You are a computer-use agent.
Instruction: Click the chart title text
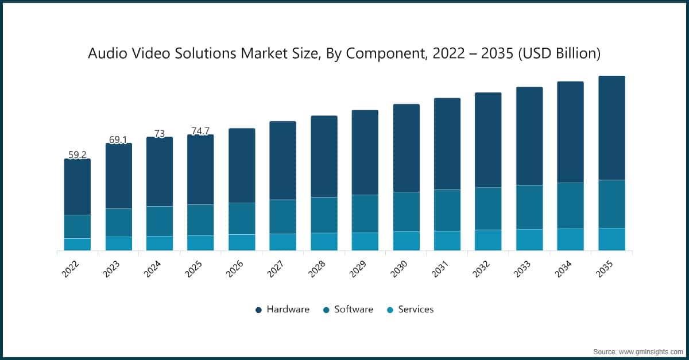[x=344, y=53]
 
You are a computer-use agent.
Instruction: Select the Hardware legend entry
[x=282, y=309]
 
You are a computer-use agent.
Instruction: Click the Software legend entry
[x=348, y=309]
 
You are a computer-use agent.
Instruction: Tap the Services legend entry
[x=410, y=309]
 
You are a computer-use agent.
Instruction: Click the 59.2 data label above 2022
[x=77, y=154]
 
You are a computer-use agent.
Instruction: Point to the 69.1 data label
[x=118, y=140]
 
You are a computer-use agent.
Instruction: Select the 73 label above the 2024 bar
[x=160, y=133]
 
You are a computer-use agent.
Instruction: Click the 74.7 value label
[x=200, y=131]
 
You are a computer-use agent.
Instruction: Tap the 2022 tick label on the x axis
[x=72, y=268]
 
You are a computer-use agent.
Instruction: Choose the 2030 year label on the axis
[x=401, y=268]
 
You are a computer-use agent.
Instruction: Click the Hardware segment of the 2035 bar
[x=611, y=128]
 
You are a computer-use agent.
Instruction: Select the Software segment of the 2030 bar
[x=406, y=212]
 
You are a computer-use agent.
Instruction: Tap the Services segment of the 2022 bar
[x=77, y=245]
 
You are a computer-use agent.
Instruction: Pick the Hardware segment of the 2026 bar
[x=242, y=165]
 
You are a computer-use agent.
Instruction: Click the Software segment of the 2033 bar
[x=529, y=207]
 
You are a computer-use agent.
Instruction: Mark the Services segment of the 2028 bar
[x=324, y=242]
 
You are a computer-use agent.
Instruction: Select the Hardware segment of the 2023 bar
[x=118, y=176]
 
